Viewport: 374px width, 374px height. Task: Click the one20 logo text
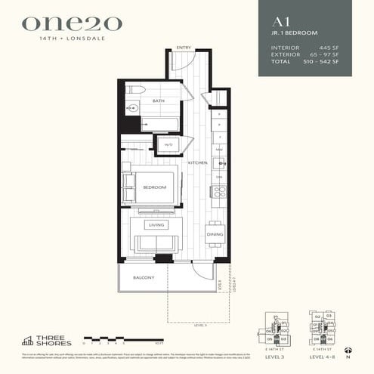(71, 23)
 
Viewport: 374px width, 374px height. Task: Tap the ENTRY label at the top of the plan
(183, 48)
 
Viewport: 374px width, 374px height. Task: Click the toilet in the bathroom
(135, 89)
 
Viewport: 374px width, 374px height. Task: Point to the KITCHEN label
(197, 163)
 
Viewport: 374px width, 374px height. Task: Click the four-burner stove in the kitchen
(218, 192)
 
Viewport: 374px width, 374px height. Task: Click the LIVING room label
(156, 224)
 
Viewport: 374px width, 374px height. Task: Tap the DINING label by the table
(215, 235)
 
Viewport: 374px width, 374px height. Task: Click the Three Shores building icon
(27, 340)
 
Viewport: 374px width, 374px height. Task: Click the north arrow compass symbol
(348, 350)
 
